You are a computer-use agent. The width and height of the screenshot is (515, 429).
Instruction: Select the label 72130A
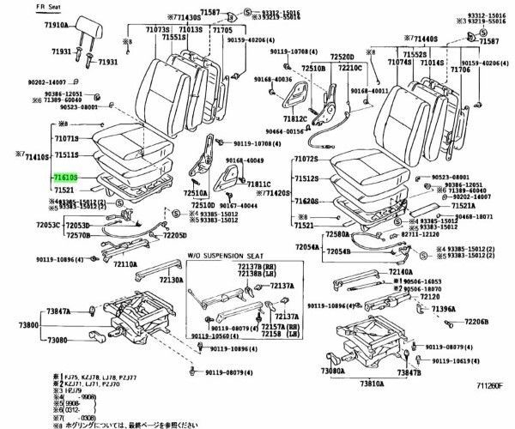(172, 280)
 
